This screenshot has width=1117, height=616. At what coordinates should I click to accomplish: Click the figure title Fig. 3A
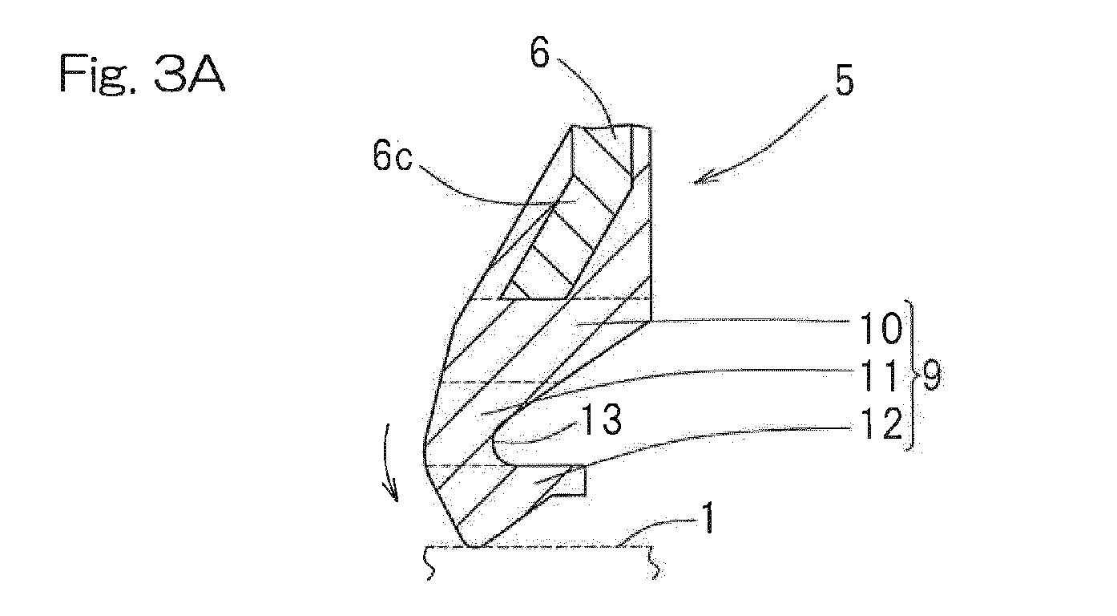143,74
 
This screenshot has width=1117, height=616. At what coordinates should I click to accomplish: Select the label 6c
393,156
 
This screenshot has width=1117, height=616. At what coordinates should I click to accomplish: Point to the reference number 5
844,80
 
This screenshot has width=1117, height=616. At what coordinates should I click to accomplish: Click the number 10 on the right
880,329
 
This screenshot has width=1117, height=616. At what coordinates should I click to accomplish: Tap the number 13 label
602,419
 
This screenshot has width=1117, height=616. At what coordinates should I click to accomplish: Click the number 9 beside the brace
931,375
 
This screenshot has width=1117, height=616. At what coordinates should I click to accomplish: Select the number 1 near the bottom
708,519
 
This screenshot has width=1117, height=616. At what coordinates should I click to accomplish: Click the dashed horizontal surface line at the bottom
538,548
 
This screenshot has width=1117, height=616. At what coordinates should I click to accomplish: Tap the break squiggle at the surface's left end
429,564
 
